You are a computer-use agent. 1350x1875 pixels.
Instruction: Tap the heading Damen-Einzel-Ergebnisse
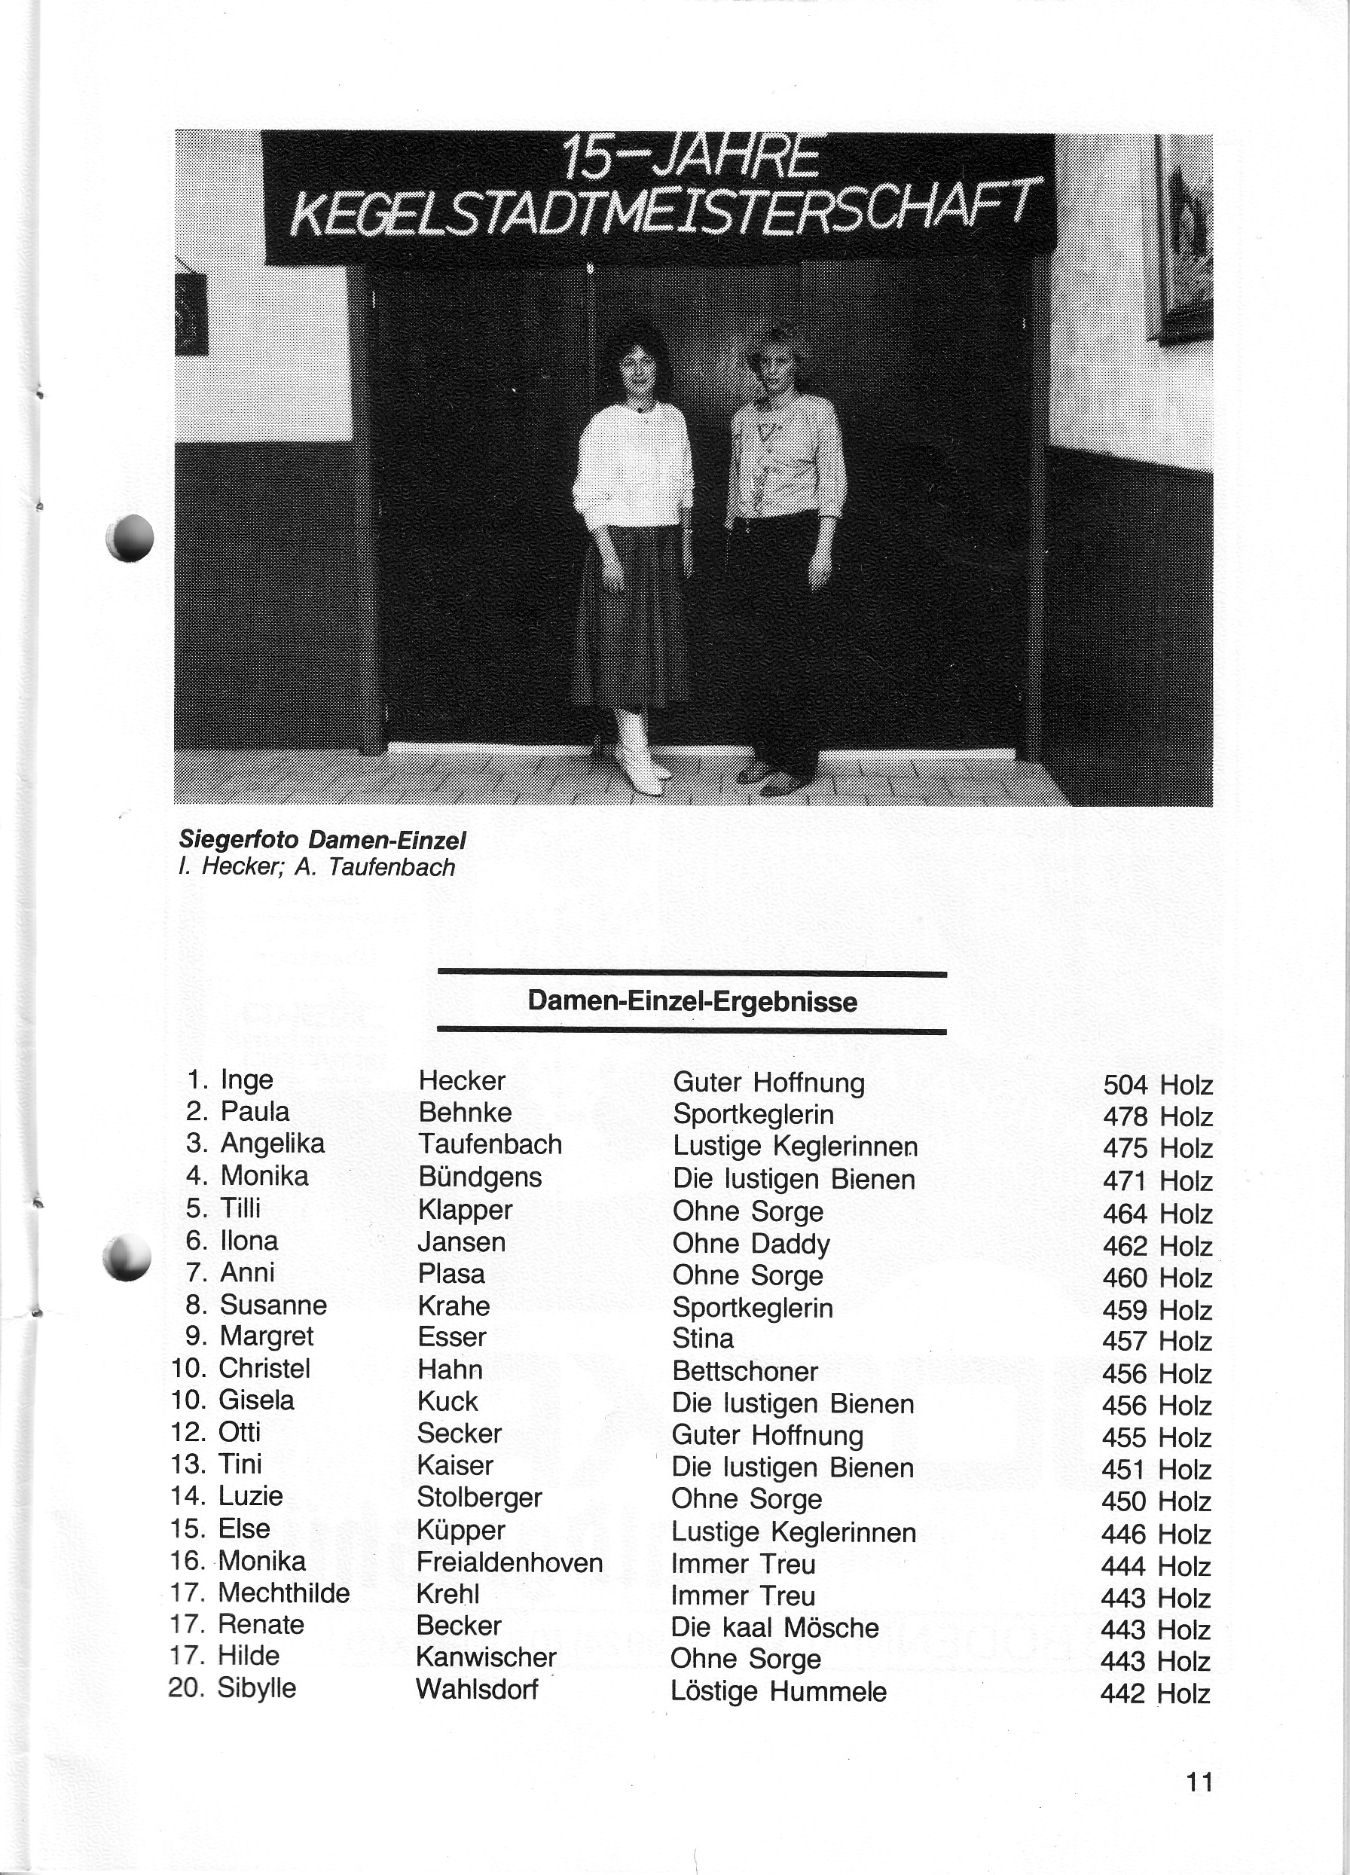pyautogui.click(x=692, y=1001)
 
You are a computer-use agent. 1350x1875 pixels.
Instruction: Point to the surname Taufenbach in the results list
pyautogui.click(x=490, y=1144)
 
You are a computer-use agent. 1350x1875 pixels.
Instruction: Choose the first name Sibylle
pyautogui.click(x=256, y=1687)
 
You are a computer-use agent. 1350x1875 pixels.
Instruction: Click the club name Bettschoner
pyautogui.click(x=745, y=1371)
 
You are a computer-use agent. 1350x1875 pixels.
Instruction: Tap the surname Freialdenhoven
pyautogui.click(x=509, y=1562)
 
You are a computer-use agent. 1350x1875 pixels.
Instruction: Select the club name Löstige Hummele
pyautogui.click(x=778, y=1690)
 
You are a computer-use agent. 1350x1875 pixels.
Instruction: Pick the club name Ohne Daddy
pyautogui.click(x=750, y=1244)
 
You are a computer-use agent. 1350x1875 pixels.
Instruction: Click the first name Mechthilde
pyautogui.click(x=283, y=1593)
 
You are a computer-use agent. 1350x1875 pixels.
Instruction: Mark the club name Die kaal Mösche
pyautogui.click(x=774, y=1627)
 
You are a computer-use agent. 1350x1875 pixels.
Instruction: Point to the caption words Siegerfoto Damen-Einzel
pyautogui.click(x=322, y=841)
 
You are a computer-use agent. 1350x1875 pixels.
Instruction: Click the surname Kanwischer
pyautogui.click(x=486, y=1657)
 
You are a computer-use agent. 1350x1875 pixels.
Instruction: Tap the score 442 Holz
pyautogui.click(x=1155, y=1694)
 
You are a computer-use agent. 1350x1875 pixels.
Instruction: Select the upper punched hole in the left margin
pyautogui.click(x=130, y=537)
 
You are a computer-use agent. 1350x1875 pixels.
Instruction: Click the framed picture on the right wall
pyautogui.click(x=1184, y=240)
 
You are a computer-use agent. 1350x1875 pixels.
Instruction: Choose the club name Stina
pyautogui.click(x=703, y=1339)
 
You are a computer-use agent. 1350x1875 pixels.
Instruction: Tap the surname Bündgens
pyautogui.click(x=479, y=1177)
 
